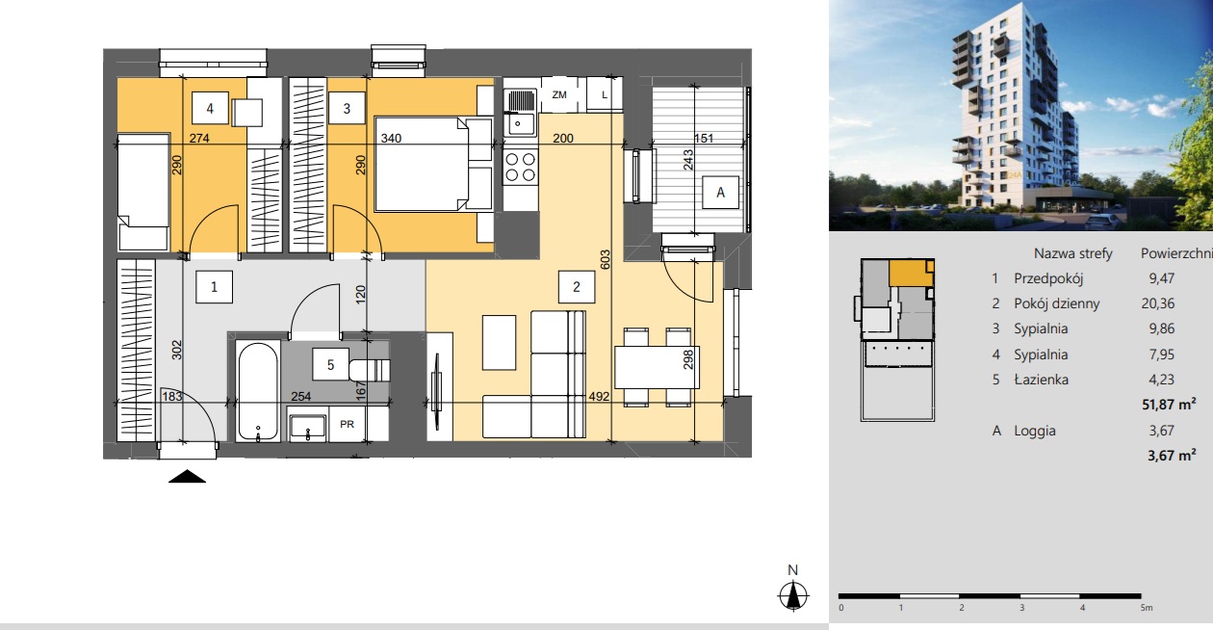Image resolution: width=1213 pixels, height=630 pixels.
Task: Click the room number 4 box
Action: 210,108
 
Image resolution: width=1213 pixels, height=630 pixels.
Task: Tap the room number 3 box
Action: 347,108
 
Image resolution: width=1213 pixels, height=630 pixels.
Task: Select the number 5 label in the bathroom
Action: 330,364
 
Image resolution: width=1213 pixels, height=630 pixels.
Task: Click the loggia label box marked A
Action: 720,193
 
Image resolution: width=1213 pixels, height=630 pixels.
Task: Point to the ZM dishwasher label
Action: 559,94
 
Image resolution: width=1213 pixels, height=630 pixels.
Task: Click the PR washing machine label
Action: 348,424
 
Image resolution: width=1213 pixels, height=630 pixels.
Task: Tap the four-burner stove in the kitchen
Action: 521,168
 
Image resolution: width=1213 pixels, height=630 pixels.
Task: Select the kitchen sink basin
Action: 519,124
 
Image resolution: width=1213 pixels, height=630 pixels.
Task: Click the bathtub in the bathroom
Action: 258,390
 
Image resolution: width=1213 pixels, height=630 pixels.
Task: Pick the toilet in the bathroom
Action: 370,371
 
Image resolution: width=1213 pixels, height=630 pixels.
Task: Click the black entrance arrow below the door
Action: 187,476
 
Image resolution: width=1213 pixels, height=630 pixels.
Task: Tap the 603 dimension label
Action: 606,259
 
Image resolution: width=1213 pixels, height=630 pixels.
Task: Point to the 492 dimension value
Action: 599,397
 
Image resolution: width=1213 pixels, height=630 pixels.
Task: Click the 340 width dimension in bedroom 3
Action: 391,138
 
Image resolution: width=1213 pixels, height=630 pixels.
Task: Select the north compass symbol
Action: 793,594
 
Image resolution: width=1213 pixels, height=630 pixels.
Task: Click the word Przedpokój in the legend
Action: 1048,278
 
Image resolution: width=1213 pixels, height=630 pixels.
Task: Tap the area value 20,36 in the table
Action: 1158,303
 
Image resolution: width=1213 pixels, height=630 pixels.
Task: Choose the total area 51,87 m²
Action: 1169,405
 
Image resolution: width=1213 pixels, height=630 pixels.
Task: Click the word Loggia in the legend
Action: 1035,431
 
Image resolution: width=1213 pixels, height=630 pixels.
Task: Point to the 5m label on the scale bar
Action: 1147,608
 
